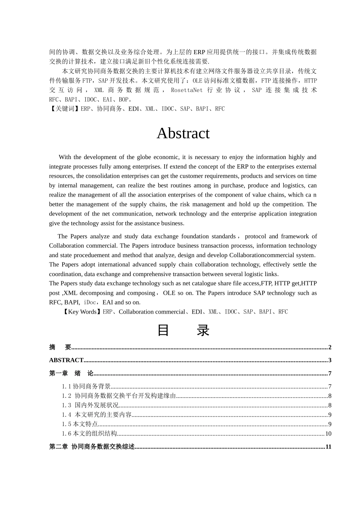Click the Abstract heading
(183, 133)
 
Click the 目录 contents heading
(183, 330)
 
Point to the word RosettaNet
(187, 90)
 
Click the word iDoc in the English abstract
(90, 302)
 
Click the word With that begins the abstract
(65, 157)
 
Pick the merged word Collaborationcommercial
(272, 255)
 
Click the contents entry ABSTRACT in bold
(66, 360)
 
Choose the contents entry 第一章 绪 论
(71, 373)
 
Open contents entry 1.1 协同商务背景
(86, 386)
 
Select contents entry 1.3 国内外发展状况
(90, 405)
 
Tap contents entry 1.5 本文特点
(80, 424)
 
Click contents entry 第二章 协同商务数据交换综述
(92, 447)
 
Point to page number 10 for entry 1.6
(328, 434)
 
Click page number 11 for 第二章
(328, 447)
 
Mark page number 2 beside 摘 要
(330, 347)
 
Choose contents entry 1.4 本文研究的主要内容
(97, 415)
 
